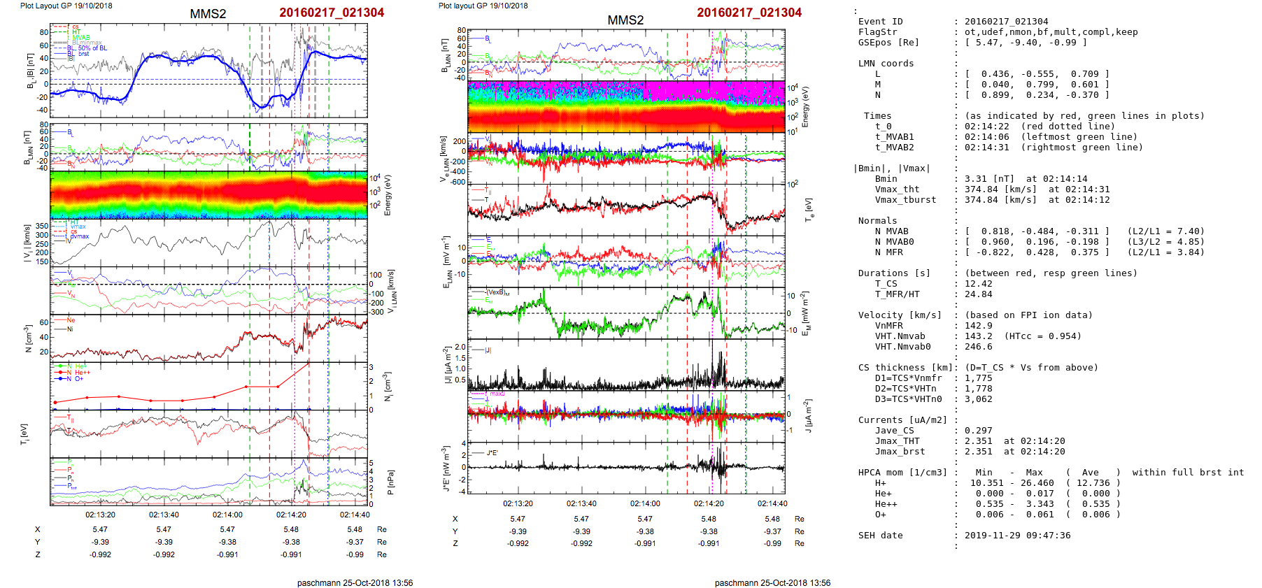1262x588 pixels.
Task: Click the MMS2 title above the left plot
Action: pyautogui.click(x=208, y=14)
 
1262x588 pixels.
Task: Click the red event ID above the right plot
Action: pyautogui.click(x=749, y=13)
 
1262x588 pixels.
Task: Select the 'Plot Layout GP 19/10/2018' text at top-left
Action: pyautogui.click(x=66, y=6)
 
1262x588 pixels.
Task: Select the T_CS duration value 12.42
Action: pyautogui.click(x=978, y=284)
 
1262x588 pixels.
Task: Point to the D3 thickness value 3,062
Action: pyautogui.click(x=978, y=399)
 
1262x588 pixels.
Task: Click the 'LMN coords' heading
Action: pyautogui.click(x=886, y=64)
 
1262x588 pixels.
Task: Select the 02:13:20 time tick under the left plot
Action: pyautogui.click(x=100, y=515)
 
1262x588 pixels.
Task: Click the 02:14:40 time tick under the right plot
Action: pyautogui.click(x=772, y=503)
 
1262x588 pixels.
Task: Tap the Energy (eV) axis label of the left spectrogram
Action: pyautogui.click(x=388, y=195)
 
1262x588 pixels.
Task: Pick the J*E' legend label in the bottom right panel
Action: pyautogui.click(x=492, y=453)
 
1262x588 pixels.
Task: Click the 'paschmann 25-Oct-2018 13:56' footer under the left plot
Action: pyautogui.click(x=355, y=582)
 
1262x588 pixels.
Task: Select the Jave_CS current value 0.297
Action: pyautogui.click(x=978, y=431)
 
